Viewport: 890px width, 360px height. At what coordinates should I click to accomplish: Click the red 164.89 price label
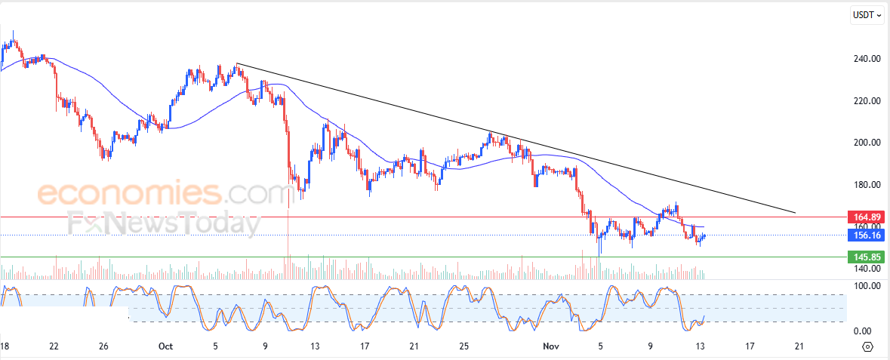[x=866, y=217]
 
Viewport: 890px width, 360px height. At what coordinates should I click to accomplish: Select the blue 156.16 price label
[x=866, y=235]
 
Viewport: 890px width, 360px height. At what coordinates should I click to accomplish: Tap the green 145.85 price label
[x=866, y=257]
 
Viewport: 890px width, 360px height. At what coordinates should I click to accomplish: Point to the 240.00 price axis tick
[x=866, y=59]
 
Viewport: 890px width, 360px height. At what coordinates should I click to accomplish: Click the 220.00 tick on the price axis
[x=866, y=100]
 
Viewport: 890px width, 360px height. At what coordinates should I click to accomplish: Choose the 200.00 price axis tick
[x=866, y=143]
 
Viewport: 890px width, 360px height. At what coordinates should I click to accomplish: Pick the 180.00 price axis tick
[x=866, y=185]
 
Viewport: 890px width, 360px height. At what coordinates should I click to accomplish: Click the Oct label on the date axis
[x=165, y=347]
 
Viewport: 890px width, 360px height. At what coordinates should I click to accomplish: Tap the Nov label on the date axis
[x=551, y=347]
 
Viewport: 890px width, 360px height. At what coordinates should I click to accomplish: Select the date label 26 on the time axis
[x=104, y=347]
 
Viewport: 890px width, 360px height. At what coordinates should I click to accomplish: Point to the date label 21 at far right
[x=799, y=347]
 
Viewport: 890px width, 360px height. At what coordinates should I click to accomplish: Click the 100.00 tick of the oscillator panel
[x=866, y=286]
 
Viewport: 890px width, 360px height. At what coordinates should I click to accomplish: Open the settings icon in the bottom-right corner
[x=867, y=347]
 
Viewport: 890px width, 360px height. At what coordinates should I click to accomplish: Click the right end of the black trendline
[x=795, y=213]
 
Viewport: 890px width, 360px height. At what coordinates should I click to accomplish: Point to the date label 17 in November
[x=750, y=347]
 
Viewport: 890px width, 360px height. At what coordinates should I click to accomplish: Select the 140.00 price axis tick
[x=866, y=269]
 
